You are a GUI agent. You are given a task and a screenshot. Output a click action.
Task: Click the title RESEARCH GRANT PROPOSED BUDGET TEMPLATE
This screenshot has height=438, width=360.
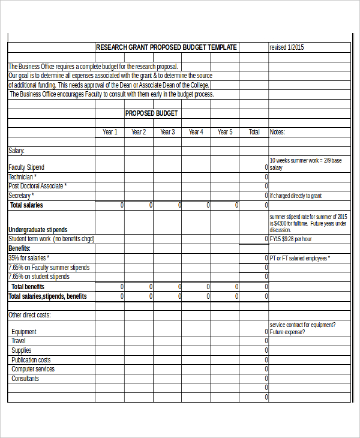pos(166,47)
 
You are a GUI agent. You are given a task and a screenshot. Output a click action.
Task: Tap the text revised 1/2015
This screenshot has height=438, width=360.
pos(287,47)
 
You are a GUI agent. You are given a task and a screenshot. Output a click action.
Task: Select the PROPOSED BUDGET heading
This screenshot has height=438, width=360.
pos(151,113)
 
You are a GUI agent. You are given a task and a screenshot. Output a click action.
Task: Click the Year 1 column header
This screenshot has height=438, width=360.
pos(110,132)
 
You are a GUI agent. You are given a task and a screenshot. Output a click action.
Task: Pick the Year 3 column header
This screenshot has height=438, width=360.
pos(167,132)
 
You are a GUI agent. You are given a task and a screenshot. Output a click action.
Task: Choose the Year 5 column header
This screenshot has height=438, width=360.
pos(224,132)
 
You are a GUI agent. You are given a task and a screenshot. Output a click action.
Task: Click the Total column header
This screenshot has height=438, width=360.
pos(254,132)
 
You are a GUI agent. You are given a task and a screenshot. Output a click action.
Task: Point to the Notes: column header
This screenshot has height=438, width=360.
pos(277,132)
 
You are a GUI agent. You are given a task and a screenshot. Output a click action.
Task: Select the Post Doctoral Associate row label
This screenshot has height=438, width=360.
pos(38,186)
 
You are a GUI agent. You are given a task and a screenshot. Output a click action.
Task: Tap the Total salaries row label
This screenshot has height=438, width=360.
pos(26,205)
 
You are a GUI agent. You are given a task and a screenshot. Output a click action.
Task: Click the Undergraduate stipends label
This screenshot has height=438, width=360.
pos(38,230)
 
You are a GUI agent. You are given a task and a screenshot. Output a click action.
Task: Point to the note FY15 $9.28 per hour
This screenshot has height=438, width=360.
pos(291,239)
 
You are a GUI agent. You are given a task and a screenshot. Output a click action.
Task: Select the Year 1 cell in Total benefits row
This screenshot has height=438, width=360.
pos(110,287)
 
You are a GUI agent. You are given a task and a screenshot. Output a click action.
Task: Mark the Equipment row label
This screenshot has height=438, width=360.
pos(24,332)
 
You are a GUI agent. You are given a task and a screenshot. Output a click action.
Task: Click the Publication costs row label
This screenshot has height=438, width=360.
pos(31,360)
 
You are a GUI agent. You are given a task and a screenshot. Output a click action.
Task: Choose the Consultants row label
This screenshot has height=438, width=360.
pos(25,379)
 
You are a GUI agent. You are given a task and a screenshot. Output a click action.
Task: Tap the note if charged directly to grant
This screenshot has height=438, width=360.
pos(296,196)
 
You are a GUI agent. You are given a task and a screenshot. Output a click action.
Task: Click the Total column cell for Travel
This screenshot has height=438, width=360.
pos(254,341)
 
